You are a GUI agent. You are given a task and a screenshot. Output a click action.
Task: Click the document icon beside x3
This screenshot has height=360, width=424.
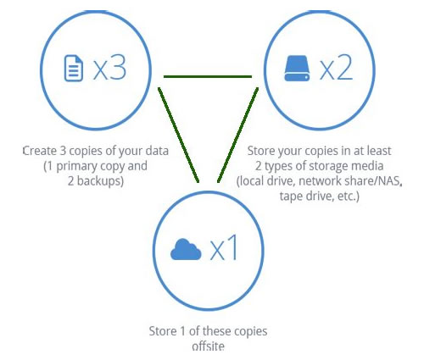(74, 68)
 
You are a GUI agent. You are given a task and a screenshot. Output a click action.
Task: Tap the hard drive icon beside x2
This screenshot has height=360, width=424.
(297, 68)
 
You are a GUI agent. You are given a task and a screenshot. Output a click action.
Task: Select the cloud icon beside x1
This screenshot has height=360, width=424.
(186, 249)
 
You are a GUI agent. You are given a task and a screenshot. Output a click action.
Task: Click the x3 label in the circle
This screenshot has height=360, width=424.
(109, 68)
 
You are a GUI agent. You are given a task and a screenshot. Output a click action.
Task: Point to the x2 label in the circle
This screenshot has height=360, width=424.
(337, 68)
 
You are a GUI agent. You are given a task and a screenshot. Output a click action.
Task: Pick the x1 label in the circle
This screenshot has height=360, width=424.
(224, 248)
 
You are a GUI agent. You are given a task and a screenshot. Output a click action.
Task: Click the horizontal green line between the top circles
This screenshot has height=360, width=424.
(208, 76)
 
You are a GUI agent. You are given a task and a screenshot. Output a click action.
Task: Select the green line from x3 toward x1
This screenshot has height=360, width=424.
(179, 135)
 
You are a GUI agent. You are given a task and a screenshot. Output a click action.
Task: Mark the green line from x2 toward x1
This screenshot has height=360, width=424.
(237, 135)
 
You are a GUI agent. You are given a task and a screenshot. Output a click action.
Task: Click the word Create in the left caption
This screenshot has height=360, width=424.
(40, 151)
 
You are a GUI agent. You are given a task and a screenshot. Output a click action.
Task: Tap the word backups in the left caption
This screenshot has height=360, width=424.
(100, 181)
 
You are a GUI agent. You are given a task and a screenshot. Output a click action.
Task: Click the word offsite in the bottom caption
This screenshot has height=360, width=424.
(209, 346)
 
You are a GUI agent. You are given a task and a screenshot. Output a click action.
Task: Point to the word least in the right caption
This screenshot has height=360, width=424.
(379, 151)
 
